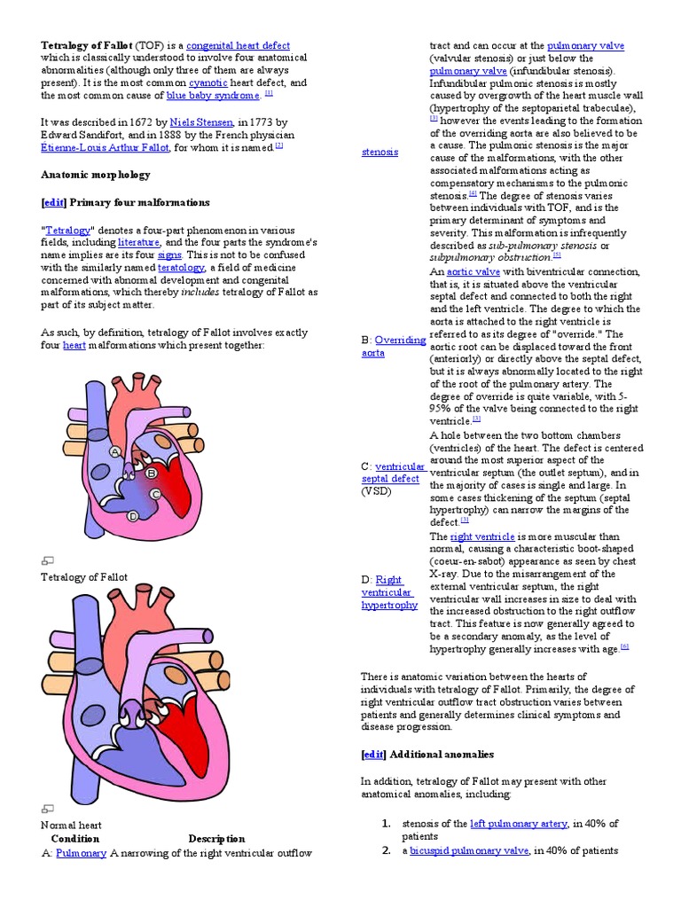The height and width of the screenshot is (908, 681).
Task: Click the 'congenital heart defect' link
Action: click(238, 46)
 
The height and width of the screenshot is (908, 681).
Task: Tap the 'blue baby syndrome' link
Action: click(213, 96)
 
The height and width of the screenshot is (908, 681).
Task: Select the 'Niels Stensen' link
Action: click(201, 121)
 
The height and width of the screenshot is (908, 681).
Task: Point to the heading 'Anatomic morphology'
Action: click(96, 175)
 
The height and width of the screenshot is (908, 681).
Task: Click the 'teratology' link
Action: click(181, 267)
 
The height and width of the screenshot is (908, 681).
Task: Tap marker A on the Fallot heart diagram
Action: click(114, 452)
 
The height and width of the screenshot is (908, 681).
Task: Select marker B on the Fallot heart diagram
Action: click(152, 474)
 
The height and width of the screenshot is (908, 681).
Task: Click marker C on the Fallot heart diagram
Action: click(155, 494)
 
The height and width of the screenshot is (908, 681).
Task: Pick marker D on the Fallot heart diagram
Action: click(133, 516)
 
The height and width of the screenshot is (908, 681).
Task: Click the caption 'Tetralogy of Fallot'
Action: click(84, 577)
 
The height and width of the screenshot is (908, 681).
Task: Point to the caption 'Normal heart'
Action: click(72, 826)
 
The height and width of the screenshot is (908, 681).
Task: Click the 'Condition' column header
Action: click(75, 839)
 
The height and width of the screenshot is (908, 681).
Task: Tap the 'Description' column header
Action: click(216, 839)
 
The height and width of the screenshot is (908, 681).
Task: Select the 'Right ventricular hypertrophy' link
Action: click(389, 592)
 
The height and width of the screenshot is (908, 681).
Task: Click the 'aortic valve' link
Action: click(474, 272)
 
